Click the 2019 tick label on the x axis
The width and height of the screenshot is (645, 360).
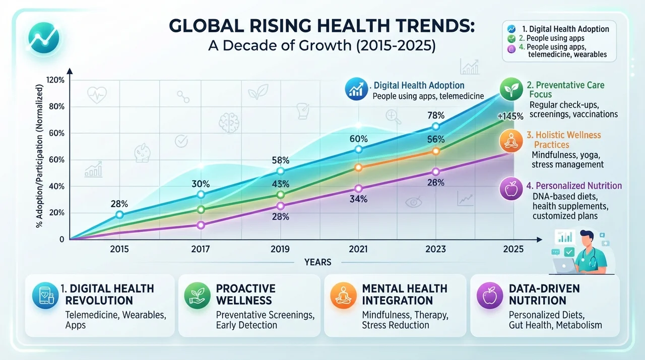pos(280,249)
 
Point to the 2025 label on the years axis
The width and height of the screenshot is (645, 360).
pos(513,249)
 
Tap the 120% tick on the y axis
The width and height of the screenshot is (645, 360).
pos(55,80)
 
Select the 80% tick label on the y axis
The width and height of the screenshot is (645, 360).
pos(57,107)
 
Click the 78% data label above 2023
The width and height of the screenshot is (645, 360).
pos(436,115)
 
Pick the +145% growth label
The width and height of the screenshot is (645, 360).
pos(510,116)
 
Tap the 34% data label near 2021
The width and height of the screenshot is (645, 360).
pos(358,199)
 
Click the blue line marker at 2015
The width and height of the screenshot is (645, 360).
pos(119,215)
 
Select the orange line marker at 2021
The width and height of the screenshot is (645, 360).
pos(358,167)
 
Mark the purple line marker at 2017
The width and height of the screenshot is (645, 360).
pos(201,225)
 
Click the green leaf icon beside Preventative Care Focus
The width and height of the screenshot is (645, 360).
pos(511,89)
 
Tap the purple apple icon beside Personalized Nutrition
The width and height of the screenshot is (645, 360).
pos(511,189)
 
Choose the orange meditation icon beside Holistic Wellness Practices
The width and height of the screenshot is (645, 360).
pos(511,141)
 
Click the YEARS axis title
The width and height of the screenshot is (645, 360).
pos(318,262)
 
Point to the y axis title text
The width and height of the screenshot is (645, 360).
pos(39,156)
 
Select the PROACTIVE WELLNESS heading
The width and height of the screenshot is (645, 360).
pos(245,294)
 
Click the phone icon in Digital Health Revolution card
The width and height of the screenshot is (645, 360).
pos(45,296)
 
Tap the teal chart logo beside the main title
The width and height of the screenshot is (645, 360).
pos(44,38)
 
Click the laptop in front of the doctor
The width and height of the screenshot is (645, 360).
pos(563,266)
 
